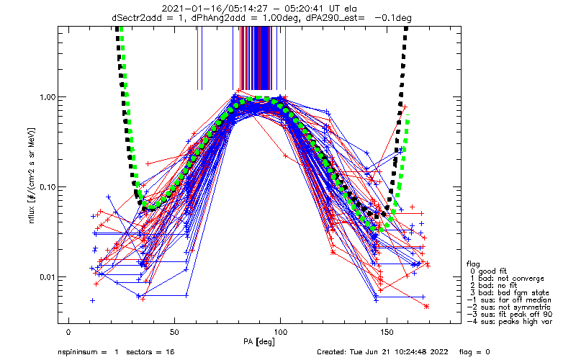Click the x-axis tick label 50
click(x=174, y=332)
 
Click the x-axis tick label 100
click(x=280, y=332)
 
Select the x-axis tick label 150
click(x=387, y=332)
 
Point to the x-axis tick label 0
click(x=68, y=332)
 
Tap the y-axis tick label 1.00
click(x=48, y=97)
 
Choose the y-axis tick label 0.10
click(x=48, y=187)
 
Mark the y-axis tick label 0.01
click(x=48, y=277)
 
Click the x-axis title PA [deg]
click(x=259, y=342)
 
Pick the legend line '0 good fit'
click(x=489, y=271)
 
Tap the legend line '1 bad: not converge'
click(x=507, y=279)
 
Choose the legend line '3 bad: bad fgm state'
click(x=510, y=293)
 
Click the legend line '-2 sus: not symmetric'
click(x=509, y=307)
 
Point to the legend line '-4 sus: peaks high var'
click(x=510, y=322)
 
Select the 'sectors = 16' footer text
click(x=150, y=352)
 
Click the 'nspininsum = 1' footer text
click(x=88, y=352)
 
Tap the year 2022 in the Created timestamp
click(x=440, y=352)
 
